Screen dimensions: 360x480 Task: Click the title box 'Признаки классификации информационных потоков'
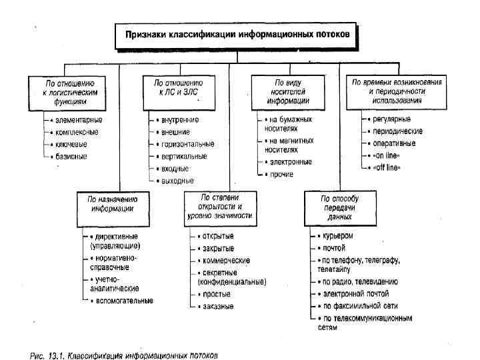237,33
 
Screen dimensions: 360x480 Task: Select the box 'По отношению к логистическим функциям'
66,92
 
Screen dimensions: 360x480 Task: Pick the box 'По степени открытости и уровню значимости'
225,207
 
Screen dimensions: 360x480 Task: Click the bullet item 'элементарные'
75,120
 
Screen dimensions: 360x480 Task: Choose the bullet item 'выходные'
177,180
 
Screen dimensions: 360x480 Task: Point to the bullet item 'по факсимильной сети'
359,305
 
